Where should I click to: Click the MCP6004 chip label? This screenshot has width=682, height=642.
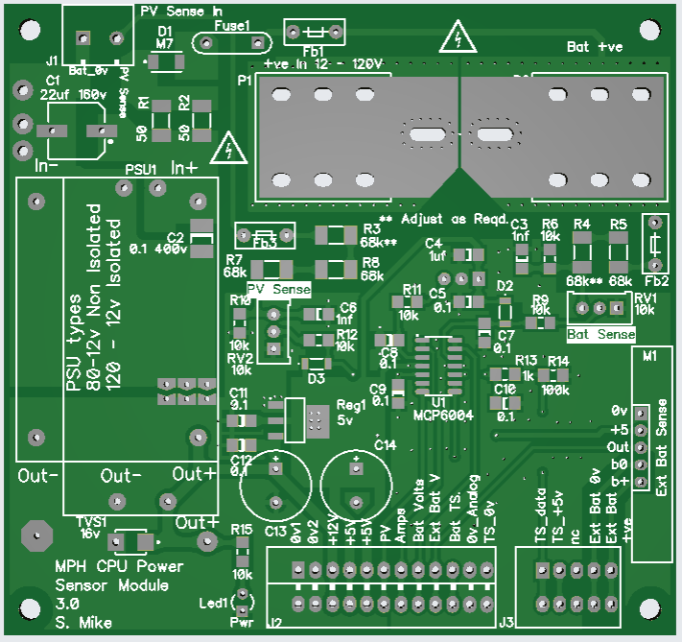441,416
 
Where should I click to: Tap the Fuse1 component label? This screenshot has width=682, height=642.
233,26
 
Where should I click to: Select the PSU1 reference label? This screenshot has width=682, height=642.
141,169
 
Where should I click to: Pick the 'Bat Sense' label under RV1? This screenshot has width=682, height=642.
601,334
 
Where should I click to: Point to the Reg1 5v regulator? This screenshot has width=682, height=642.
293,419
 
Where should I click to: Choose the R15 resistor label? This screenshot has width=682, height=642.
242,530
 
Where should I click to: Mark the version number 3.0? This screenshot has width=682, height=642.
67,605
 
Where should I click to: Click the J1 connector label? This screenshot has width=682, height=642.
52,59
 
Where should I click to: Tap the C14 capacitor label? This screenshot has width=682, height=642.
385,444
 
